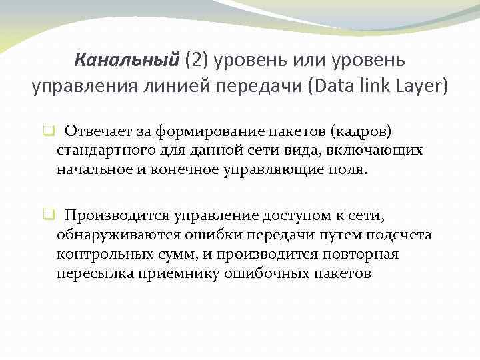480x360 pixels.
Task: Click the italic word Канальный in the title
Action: pyautogui.click(x=127, y=61)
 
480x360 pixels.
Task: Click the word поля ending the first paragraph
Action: pyautogui.click(x=348, y=169)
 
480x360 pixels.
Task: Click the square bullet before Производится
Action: pyautogui.click(x=49, y=215)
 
